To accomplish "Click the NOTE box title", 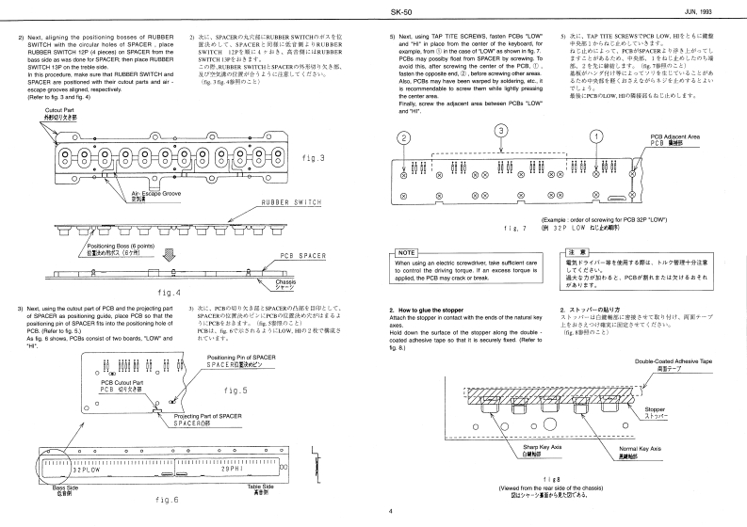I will [407, 252].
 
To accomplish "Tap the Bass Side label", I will [65, 488].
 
